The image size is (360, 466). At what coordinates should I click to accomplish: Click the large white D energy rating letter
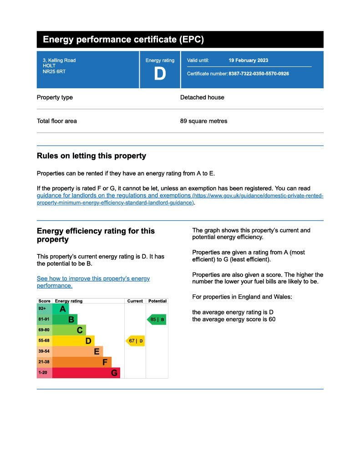(160, 74)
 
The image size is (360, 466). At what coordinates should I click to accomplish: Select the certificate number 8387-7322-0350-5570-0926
(259, 74)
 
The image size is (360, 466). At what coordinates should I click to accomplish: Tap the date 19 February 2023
(248, 61)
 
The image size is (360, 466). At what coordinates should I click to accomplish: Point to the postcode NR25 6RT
(51, 71)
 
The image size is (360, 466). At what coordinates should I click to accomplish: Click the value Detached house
(202, 97)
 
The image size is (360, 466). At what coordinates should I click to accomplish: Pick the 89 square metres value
(203, 121)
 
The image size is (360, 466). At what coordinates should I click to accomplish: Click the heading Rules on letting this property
(91, 156)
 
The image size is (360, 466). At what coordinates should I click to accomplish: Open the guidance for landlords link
(114, 196)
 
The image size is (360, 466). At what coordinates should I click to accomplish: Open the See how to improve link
(93, 279)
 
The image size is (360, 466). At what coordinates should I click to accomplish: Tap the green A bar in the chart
(61, 309)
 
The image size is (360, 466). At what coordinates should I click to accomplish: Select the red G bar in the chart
(86, 373)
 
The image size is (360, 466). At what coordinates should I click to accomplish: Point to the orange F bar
(82, 362)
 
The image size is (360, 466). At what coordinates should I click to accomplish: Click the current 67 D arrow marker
(135, 341)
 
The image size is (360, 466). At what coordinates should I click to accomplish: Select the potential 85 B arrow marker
(157, 319)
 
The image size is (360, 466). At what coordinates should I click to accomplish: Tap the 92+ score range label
(43, 309)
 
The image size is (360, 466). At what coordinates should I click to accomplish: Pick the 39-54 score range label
(44, 352)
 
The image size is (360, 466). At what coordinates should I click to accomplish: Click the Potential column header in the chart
(157, 301)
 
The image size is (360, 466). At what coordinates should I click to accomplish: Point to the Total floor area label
(57, 121)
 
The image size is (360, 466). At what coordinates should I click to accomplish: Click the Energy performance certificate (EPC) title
(123, 40)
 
